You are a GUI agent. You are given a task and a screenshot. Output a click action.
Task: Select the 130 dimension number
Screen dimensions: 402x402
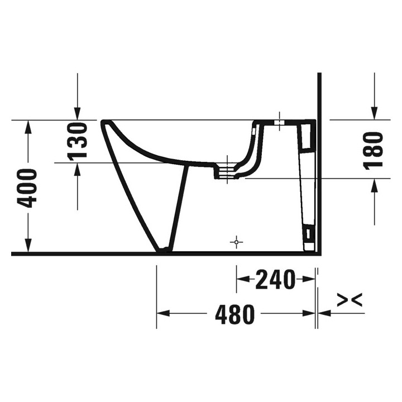(79, 141)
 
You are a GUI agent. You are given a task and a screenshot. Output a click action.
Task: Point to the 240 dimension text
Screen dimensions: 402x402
(275, 280)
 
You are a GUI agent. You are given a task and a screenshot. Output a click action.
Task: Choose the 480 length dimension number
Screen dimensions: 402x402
(234, 315)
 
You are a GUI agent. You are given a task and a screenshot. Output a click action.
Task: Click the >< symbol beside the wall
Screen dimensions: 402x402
(350, 300)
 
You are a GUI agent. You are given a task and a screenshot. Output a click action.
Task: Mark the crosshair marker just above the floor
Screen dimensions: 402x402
(237, 242)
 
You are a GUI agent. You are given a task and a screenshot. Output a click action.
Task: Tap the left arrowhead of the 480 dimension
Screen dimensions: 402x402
(162, 313)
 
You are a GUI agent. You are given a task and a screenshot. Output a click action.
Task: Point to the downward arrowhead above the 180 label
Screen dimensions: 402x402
(375, 114)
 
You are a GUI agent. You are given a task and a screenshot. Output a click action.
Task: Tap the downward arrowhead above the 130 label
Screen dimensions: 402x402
(78, 114)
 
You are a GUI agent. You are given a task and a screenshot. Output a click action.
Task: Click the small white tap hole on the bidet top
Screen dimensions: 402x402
(280, 121)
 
